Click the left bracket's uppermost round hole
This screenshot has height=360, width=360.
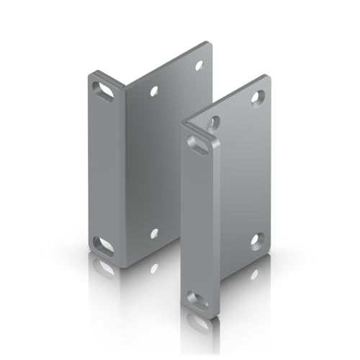point(199,65)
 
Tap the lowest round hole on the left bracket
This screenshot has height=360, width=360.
point(154,233)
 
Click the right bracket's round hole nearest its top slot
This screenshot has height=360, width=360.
point(212,123)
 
